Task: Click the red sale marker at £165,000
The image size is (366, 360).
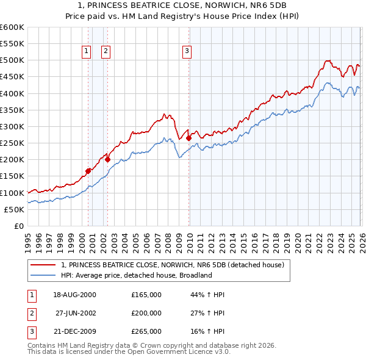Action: click(x=88, y=171)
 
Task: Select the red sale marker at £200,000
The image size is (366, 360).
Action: click(x=108, y=160)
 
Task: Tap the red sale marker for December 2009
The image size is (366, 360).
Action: click(x=188, y=138)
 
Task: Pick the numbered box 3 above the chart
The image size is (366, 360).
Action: click(x=187, y=52)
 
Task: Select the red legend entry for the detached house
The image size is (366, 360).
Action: click(x=173, y=265)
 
